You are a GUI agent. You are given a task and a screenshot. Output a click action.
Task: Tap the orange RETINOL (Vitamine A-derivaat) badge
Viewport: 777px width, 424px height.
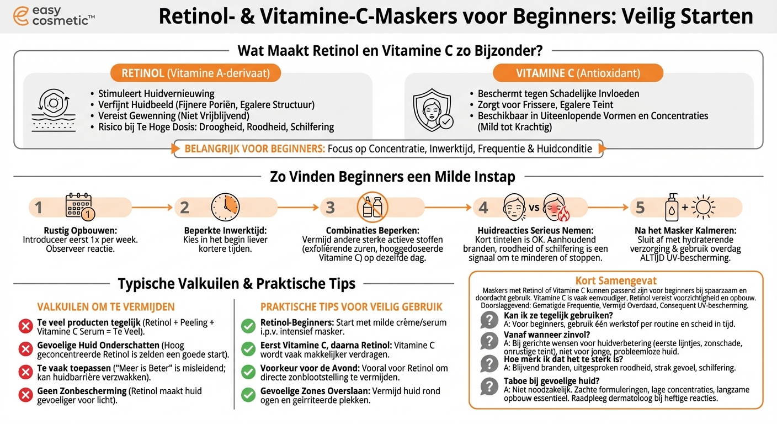(195, 73)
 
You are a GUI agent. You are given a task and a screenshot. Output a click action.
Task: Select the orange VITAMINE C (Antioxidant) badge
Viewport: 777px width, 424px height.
(578, 73)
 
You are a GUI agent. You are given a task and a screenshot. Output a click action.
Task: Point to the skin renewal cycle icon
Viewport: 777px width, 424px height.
(53, 110)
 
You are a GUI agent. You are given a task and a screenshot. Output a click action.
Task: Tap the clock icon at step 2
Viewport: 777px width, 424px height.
(225, 207)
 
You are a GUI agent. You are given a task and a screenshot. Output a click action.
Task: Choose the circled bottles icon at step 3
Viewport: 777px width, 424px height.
(372, 207)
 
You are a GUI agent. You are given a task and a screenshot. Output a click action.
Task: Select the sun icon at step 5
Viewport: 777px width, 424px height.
(704, 208)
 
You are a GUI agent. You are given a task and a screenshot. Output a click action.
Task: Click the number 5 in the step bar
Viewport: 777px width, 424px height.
(640, 208)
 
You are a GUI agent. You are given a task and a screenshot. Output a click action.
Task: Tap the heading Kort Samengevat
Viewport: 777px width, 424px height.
(616, 281)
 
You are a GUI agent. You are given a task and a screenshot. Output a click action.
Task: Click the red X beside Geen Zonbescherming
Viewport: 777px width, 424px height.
(25, 395)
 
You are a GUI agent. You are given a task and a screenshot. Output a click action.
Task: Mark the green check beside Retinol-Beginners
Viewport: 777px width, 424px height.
(248, 326)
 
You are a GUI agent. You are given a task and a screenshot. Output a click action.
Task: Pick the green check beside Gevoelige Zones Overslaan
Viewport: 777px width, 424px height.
(248, 395)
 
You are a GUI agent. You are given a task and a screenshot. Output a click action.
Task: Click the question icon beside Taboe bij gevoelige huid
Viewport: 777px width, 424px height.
(489, 385)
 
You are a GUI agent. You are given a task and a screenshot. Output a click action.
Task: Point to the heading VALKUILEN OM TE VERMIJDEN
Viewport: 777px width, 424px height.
(106, 307)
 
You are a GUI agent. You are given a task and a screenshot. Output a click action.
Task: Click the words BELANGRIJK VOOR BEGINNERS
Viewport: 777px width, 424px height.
(254, 149)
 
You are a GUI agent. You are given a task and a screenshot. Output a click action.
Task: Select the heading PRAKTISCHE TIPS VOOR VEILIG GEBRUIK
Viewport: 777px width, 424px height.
(352, 307)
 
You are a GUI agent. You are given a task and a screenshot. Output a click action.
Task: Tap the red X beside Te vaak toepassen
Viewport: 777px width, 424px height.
(25, 373)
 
